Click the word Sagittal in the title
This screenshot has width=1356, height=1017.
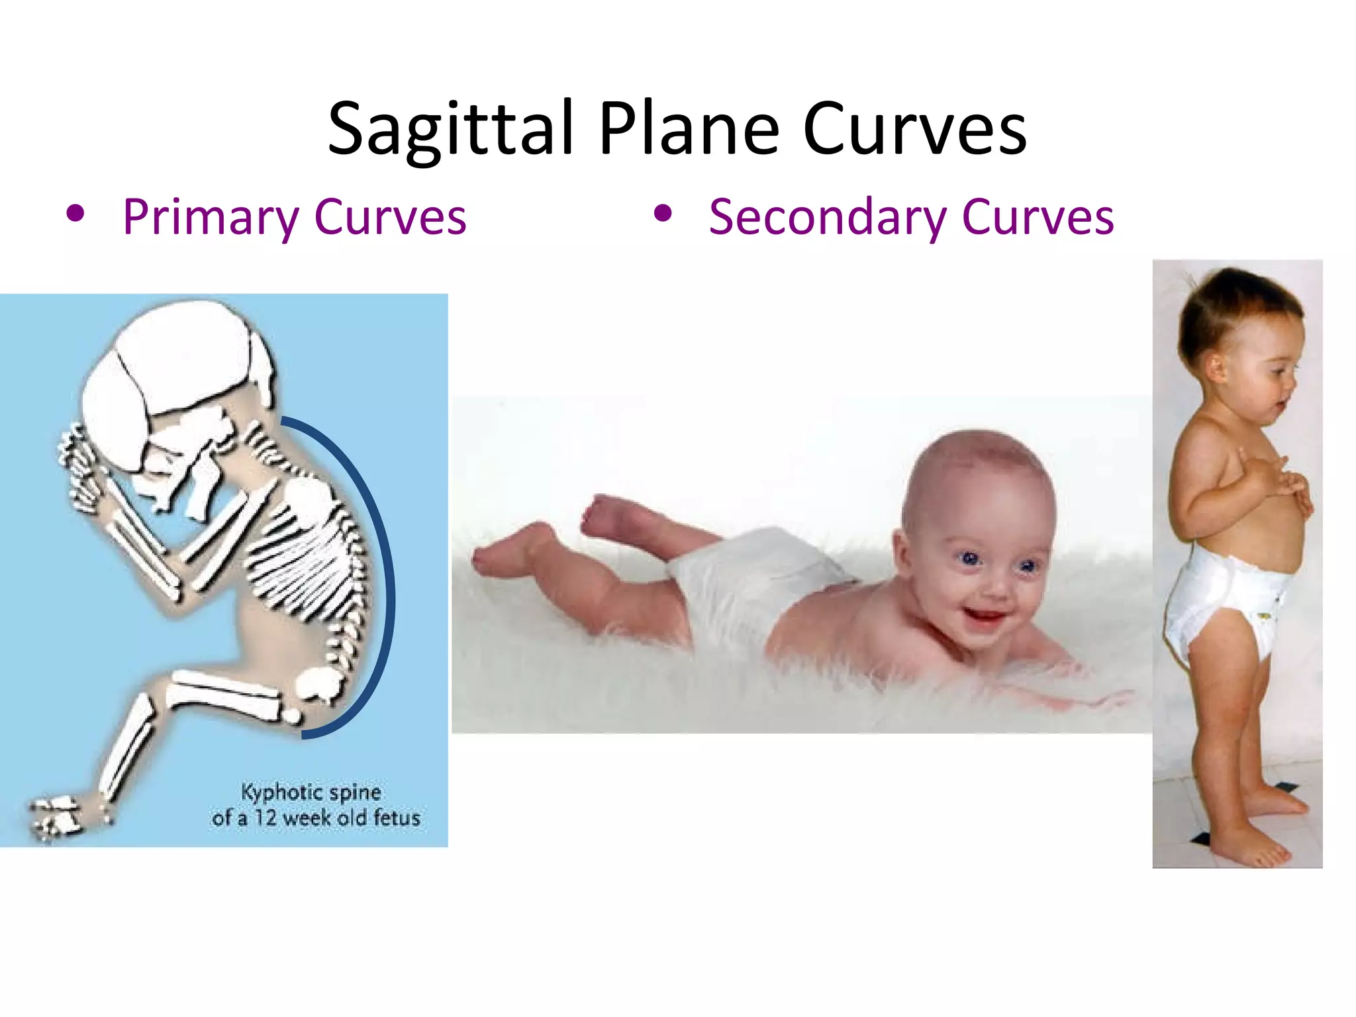pyautogui.click(x=450, y=129)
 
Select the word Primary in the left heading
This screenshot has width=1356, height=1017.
pyautogui.click(x=211, y=217)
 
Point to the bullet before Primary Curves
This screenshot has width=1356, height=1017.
pyautogui.click(x=75, y=214)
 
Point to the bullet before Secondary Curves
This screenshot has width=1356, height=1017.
pyautogui.click(x=662, y=214)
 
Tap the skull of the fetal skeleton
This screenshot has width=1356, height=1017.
pyautogui.click(x=172, y=371)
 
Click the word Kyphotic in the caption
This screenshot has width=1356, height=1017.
pyautogui.click(x=273, y=792)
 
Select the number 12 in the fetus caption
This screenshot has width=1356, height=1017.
pyautogui.click(x=266, y=818)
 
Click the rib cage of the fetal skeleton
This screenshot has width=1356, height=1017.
pyautogui.click(x=308, y=556)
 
